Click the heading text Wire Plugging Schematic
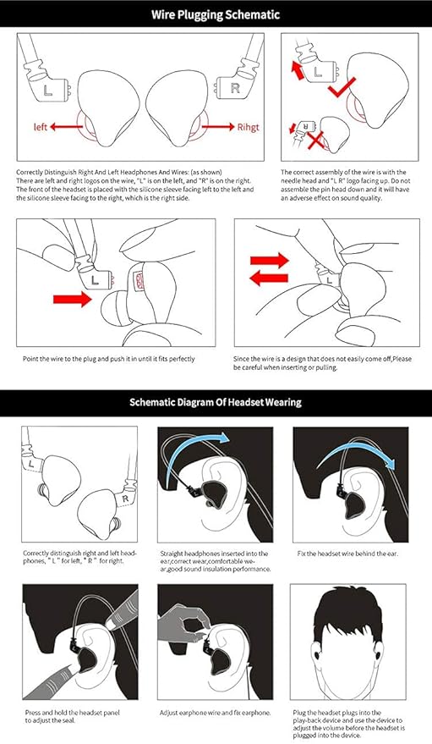216,14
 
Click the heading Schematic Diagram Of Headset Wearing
216,402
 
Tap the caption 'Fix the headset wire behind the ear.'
337,554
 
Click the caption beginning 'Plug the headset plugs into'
347,723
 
